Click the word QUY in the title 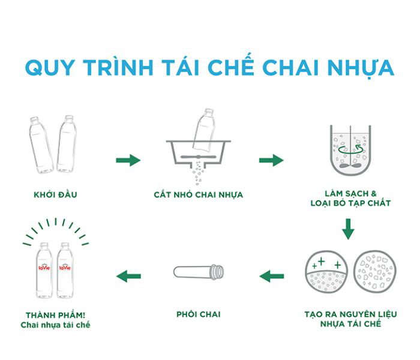pos(50,67)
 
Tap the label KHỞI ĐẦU pos(55,194)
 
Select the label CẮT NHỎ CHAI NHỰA pos(198,194)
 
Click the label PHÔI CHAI pos(199,314)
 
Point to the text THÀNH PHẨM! pos(55,314)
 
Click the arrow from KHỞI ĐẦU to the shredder pos(128,160)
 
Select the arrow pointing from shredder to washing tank pos(271,160)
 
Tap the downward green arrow pos(348,229)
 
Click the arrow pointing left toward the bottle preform pos(272,276)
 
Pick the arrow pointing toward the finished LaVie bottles pos(128,276)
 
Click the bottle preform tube pos(199,272)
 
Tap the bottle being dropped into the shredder pos(205,129)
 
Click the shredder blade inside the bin pos(198,157)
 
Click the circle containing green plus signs pos(326,272)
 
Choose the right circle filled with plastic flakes pos(375,272)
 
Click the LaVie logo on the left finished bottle pos(44,267)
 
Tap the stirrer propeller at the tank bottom pos(350,166)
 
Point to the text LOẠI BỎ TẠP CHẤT pos(350,203)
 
